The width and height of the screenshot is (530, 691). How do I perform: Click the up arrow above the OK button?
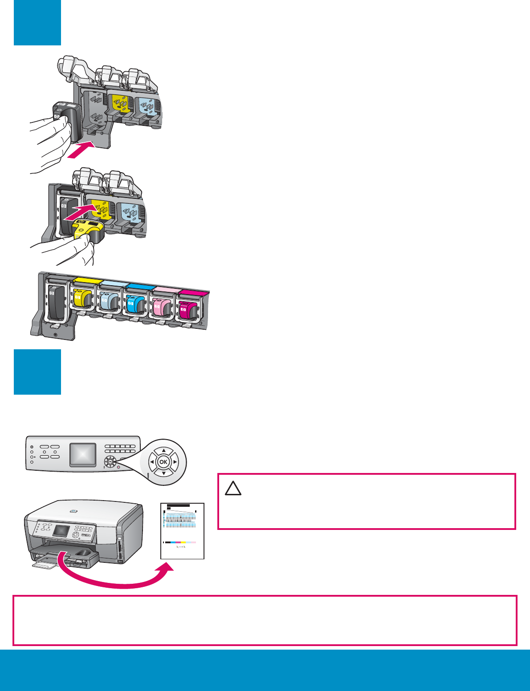tap(163, 450)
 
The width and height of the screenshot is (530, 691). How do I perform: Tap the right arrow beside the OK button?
tap(175, 462)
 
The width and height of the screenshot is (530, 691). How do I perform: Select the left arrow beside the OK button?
tap(152, 462)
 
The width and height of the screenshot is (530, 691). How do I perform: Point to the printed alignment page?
tap(182, 530)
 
